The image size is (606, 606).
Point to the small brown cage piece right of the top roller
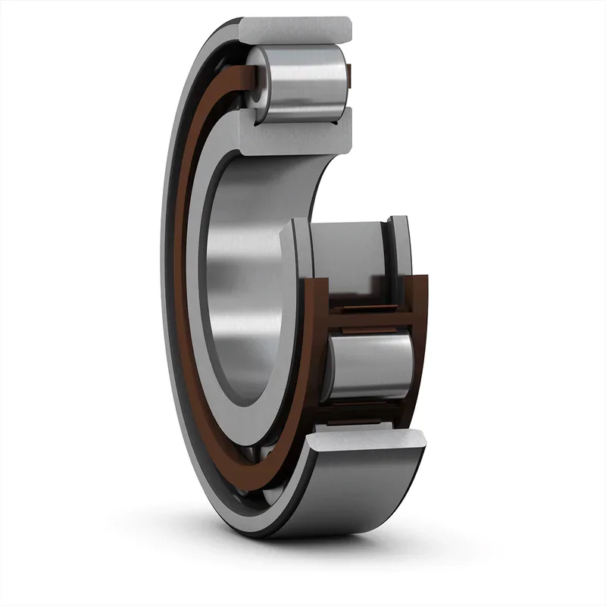coord(349,73)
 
